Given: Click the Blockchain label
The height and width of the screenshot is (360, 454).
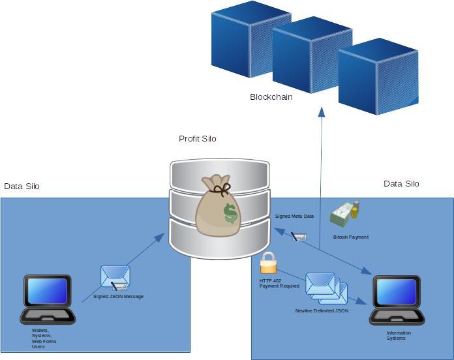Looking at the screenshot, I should (x=271, y=97).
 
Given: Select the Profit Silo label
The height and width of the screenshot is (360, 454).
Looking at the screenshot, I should (x=197, y=139).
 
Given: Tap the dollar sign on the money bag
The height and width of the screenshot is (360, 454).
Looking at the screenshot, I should (x=230, y=213).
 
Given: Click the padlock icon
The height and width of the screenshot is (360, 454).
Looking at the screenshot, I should (x=268, y=263).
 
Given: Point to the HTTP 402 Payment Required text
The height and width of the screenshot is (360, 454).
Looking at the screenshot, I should (x=279, y=283).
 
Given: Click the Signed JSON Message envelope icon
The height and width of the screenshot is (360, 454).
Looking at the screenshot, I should (x=115, y=277).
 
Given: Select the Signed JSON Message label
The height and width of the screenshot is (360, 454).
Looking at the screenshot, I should (x=118, y=297).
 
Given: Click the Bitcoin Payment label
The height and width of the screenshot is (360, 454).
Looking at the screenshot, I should (x=350, y=237).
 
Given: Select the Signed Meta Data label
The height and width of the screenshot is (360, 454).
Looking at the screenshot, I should (x=294, y=216).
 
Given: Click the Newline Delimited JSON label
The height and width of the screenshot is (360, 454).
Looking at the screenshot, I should (x=322, y=311).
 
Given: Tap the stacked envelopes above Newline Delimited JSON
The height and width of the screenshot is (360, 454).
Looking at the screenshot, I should (x=326, y=288).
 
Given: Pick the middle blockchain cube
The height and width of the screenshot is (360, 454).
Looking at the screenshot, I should (x=312, y=56).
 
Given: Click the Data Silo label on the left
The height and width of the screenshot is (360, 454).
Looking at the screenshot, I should (x=22, y=187).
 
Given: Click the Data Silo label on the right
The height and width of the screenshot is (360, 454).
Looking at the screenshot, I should (x=401, y=184).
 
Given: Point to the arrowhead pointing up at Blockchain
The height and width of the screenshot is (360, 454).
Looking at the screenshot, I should (x=322, y=112).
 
